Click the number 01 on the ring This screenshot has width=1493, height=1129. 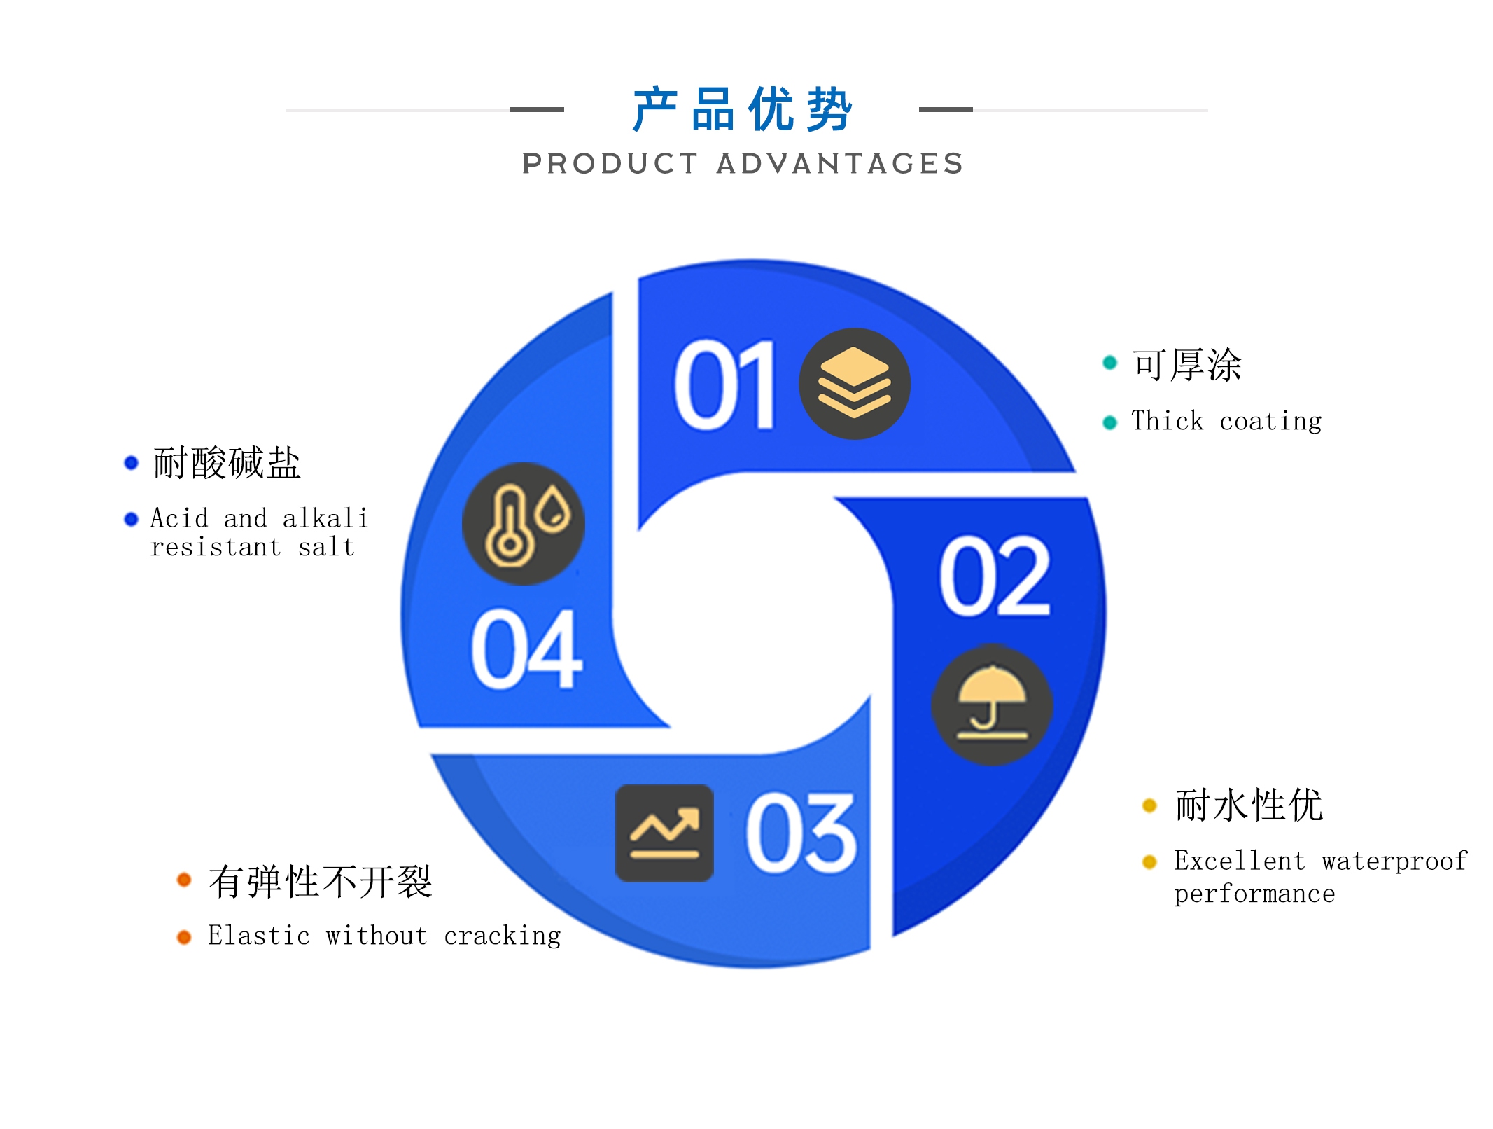(725, 385)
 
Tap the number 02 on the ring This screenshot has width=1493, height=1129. (995, 576)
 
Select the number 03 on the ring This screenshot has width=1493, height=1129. (801, 833)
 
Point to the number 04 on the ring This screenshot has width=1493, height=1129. (526, 649)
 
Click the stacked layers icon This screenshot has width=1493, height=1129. (855, 384)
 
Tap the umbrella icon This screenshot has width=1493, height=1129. (992, 705)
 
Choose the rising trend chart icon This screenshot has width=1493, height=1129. (664, 833)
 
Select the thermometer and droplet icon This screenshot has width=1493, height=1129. (524, 523)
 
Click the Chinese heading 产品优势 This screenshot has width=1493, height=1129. (743, 109)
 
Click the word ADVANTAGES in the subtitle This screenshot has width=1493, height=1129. (841, 164)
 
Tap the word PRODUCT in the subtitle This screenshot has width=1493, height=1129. (610, 164)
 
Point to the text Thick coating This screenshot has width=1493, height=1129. (1226, 421)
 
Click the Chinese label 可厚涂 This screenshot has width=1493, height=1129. (1187, 364)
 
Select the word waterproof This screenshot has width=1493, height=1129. (1394, 861)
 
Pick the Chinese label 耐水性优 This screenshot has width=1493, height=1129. (1249, 804)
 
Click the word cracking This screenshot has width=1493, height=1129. (503, 936)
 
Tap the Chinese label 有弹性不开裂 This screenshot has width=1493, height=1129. (321, 881)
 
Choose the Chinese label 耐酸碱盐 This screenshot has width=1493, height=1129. (227, 462)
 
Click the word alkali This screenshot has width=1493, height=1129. (325, 518)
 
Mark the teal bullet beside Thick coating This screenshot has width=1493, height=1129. (1109, 422)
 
